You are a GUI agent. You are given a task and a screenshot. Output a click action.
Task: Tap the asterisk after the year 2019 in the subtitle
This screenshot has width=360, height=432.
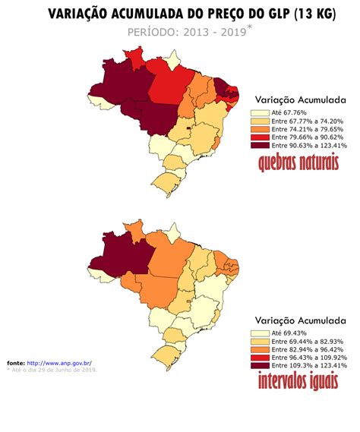click(251, 29)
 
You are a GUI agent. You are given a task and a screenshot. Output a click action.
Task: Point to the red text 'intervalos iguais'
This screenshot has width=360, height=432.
click(298, 382)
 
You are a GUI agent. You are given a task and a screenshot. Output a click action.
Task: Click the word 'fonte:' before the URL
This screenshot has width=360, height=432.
click(16, 363)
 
